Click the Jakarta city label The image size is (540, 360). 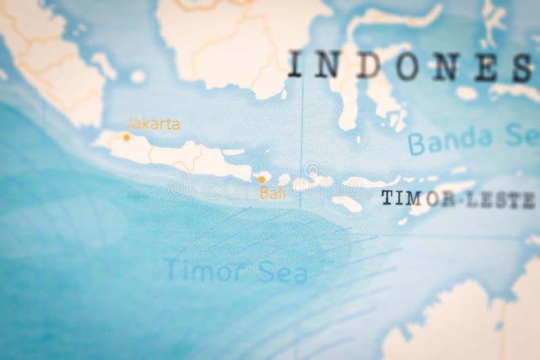point(153,124)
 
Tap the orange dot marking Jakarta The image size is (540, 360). point(126,136)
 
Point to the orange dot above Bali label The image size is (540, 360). point(261,179)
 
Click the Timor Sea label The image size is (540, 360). point(236,271)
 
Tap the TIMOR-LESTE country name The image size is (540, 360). point(457,198)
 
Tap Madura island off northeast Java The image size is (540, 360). point(234,152)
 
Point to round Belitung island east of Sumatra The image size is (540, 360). point(138,76)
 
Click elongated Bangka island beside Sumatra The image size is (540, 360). point(105,64)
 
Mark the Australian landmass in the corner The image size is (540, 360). point(459,324)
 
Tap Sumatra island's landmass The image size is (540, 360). point(47,61)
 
